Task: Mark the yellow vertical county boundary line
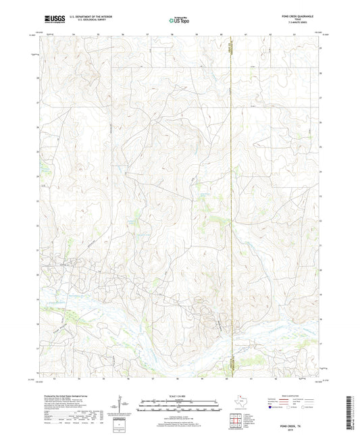pyautogui.click(x=232, y=203)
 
